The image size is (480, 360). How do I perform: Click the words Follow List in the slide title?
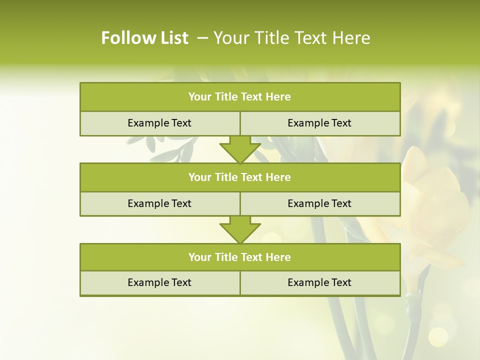tap(144, 38)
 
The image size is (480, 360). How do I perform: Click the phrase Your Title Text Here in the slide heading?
tap(292, 38)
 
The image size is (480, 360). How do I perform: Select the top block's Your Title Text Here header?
tap(239, 97)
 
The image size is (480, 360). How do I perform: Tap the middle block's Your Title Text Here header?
tap(239, 177)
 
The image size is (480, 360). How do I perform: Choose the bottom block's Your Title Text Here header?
tap(239, 257)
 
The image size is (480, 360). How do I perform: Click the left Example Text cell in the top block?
tap(159, 123)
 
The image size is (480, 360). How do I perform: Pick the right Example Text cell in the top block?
tap(319, 123)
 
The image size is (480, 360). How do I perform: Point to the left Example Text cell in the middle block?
tap(159, 203)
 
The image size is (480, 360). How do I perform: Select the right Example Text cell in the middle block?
tap(319, 203)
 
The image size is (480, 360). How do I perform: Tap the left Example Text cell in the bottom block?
tap(159, 282)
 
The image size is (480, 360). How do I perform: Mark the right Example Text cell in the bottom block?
tap(319, 282)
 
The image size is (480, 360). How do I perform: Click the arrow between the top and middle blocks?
tap(240, 149)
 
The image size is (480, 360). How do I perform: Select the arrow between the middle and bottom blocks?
tap(240, 229)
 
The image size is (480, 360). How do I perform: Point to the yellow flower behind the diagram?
tap(435, 200)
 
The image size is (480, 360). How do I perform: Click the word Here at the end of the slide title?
tap(353, 38)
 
